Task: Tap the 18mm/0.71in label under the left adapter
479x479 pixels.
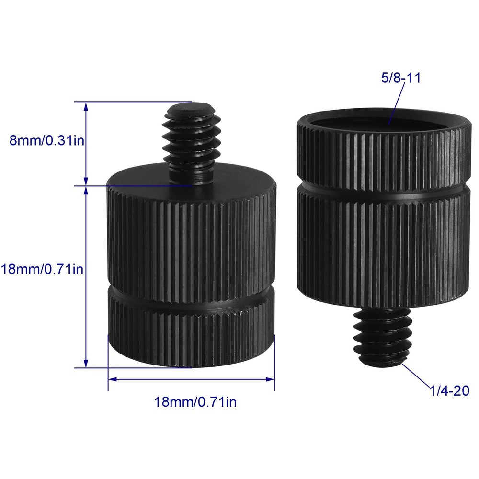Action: click(195, 401)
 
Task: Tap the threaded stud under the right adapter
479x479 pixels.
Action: click(382, 335)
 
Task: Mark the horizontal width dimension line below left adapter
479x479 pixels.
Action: click(192, 378)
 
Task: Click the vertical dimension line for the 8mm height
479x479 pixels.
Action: click(86, 144)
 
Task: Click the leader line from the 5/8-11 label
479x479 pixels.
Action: click(395, 103)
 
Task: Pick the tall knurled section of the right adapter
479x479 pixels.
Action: click(383, 244)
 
